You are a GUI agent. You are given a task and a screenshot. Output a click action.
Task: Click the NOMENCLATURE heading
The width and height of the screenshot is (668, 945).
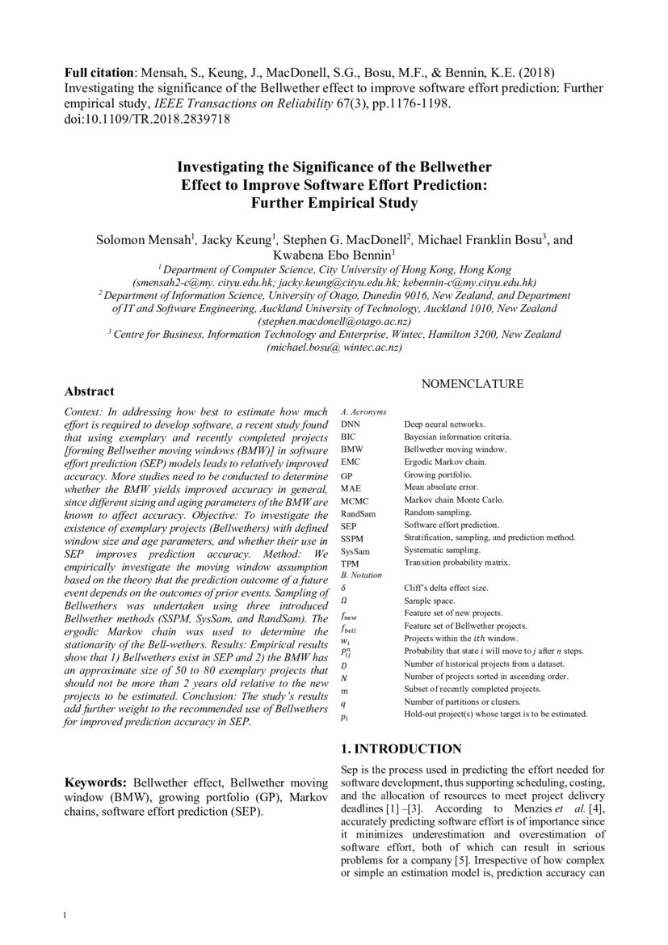coord(473,384)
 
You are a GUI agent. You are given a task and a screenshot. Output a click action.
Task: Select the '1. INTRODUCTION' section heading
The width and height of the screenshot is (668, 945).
coord(401,749)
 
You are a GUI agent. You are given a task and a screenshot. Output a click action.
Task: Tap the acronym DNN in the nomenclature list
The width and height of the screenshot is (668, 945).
coord(351,424)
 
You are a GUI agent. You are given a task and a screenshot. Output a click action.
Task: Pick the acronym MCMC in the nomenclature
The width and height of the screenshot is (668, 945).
coord(355,500)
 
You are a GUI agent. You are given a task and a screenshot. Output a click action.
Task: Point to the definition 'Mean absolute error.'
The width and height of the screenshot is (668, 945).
coord(441,487)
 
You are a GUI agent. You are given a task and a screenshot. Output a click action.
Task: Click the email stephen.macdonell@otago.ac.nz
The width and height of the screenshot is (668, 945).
coord(334,321)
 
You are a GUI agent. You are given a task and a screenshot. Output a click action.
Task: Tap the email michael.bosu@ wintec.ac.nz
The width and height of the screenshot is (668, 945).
coord(334,347)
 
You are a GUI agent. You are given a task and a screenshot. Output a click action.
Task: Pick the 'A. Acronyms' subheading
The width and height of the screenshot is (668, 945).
coord(363,411)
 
